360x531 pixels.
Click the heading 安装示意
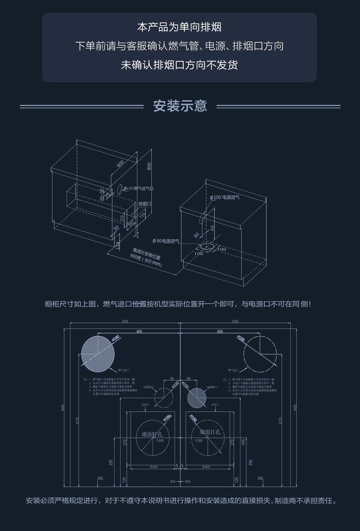pos(180,106)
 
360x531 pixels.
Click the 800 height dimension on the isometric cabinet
pos(149,166)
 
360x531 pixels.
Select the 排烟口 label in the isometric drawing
pos(145,204)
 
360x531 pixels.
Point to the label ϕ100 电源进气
pos(225,197)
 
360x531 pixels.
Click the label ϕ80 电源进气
pos(166,241)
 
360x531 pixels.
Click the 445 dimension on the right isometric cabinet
pos(212,229)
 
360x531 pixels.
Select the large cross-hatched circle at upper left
pos(98,354)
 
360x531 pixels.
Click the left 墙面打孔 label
pos(152,434)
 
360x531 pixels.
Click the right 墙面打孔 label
pos(210,432)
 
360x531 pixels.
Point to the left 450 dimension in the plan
pos(139,331)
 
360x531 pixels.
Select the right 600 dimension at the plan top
pos(235,321)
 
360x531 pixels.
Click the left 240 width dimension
pos(153,467)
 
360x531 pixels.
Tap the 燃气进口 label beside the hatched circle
pos(123,370)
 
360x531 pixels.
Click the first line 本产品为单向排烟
pos(179,27)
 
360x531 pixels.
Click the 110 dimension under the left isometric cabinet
pos(117,246)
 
